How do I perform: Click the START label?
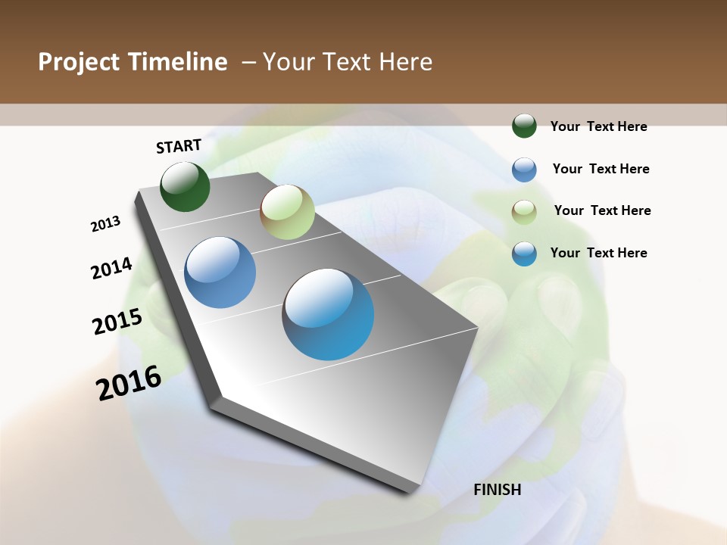click(179, 146)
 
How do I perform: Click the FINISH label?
click(498, 490)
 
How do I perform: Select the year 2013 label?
click(105, 223)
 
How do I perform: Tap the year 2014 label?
click(111, 269)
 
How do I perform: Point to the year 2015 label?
click(117, 321)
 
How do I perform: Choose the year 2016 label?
click(129, 383)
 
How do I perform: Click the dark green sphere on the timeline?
click(185, 186)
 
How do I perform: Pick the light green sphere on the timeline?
click(287, 212)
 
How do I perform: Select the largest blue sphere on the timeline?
click(328, 313)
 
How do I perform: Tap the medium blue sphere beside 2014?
click(220, 272)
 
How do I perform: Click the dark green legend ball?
click(524, 126)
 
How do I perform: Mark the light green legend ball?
click(524, 211)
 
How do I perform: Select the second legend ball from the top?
click(524, 169)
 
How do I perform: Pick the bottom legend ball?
click(524, 254)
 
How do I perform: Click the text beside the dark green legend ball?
click(598, 126)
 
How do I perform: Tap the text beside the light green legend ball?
click(602, 210)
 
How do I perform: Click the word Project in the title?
click(77, 62)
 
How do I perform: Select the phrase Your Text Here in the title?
click(348, 62)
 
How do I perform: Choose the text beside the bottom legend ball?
click(598, 253)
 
